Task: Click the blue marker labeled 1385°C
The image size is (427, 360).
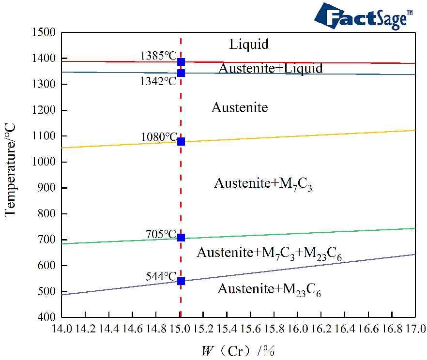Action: tap(181, 62)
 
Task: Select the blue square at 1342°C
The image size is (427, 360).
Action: tap(181, 73)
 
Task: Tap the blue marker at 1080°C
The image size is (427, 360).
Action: tap(181, 141)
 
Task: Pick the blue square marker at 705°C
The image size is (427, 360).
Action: tap(181, 238)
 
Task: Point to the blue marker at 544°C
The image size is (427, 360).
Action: tap(181, 281)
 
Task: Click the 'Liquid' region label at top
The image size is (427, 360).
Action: tap(249, 45)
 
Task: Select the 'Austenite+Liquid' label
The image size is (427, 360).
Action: tap(270, 68)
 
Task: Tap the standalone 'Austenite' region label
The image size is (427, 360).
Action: tap(240, 107)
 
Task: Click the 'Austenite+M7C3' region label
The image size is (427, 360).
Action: tap(263, 184)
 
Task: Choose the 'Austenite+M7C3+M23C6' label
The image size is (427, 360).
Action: tap(269, 253)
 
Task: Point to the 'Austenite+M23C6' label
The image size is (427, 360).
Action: tap(269, 289)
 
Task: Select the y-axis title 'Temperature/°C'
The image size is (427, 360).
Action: tap(11, 169)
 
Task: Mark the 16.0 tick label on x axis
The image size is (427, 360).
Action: tap(297, 330)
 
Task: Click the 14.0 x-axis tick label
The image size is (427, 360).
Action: tap(61, 330)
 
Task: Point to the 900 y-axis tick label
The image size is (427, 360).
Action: tap(47, 188)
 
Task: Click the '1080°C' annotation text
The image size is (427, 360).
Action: tap(159, 137)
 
